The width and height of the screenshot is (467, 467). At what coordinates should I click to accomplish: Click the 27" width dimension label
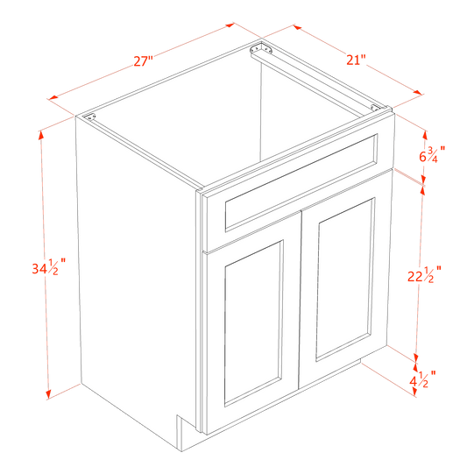pos(143,60)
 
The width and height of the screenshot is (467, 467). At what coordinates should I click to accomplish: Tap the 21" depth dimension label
pos(355,59)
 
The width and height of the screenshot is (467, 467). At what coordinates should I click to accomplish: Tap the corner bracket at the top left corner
pos(91,117)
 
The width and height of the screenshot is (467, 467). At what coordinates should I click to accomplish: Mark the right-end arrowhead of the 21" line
pos(421,91)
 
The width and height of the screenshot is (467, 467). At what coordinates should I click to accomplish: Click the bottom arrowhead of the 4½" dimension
pos(413,396)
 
